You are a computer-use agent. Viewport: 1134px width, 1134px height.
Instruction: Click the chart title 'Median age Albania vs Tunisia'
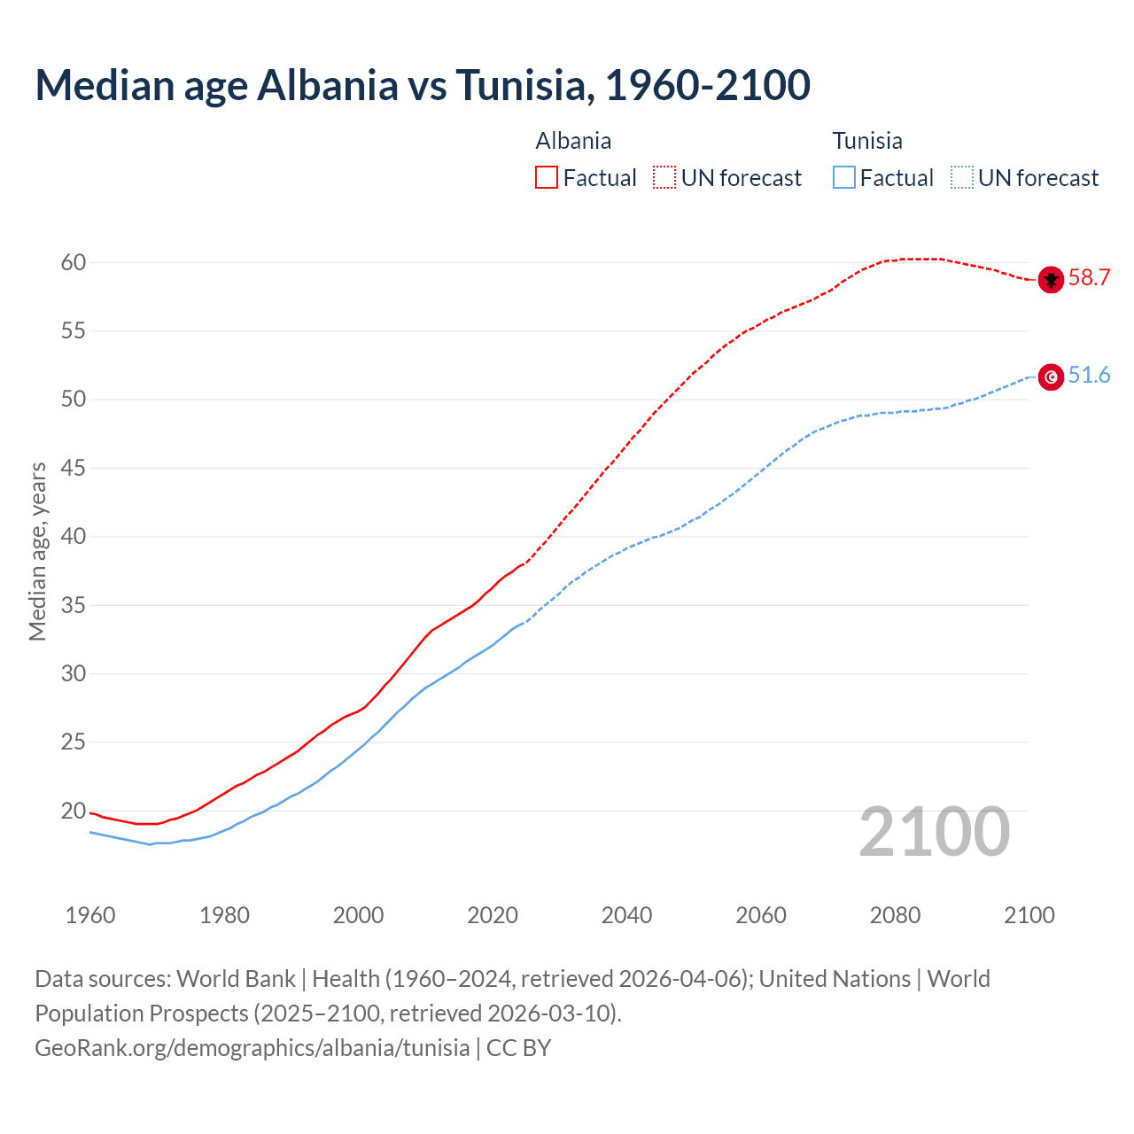click(423, 85)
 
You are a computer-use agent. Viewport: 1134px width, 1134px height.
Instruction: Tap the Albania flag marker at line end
click(1051, 279)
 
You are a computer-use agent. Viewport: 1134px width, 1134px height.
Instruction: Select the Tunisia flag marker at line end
click(1051, 377)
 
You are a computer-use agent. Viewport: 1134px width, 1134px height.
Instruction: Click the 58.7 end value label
click(1089, 278)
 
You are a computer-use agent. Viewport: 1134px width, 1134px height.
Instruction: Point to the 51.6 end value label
click(1089, 376)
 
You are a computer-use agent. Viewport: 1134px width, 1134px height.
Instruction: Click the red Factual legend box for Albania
click(547, 178)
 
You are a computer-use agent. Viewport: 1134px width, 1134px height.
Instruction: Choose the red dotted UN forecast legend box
click(664, 178)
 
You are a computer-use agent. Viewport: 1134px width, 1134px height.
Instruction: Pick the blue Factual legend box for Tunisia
click(844, 178)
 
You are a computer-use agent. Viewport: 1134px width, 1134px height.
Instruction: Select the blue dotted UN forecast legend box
click(962, 178)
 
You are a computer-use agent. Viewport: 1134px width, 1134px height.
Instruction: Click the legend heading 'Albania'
click(573, 141)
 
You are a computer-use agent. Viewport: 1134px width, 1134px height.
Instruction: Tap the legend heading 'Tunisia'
click(867, 141)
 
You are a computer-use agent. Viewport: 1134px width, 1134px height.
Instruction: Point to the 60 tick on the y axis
click(74, 262)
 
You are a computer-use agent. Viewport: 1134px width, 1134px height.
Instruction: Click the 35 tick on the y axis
click(74, 605)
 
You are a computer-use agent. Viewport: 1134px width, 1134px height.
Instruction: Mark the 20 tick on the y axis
click(74, 811)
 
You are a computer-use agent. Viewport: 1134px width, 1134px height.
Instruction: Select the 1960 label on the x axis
click(90, 915)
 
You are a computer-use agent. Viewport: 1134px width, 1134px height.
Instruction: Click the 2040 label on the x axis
click(626, 915)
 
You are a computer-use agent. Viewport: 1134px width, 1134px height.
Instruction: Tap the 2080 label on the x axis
click(895, 915)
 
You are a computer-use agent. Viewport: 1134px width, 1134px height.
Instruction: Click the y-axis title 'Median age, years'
click(37, 551)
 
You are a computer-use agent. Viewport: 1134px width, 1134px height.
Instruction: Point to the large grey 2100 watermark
click(934, 832)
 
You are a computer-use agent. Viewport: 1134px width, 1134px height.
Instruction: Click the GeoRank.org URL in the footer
click(252, 1048)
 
